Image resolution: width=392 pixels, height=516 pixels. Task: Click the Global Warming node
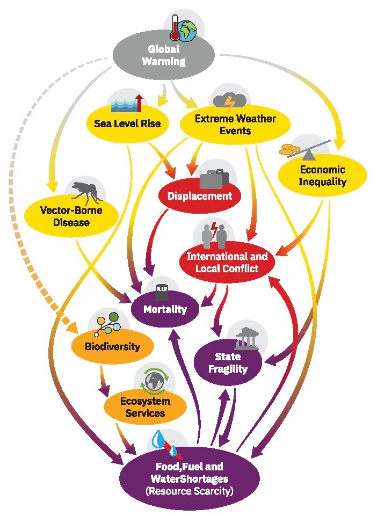click(164, 55)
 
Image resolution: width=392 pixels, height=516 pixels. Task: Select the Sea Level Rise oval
click(127, 124)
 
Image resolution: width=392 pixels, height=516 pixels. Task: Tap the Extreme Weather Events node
click(235, 125)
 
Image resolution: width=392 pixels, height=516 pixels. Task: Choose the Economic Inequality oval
click(322, 176)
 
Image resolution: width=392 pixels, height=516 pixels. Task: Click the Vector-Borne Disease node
click(71, 216)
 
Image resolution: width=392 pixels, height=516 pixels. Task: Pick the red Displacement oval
click(200, 196)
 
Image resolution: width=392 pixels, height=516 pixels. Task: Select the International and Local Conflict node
click(227, 262)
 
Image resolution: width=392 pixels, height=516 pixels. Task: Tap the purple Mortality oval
click(165, 309)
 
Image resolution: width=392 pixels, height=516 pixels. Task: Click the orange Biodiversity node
click(113, 346)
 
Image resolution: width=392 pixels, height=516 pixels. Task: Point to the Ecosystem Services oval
click(145, 407)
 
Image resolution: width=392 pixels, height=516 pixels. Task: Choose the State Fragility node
click(228, 362)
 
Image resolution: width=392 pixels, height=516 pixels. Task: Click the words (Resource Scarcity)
click(190, 491)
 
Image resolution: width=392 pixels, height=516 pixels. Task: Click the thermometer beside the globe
click(175, 27)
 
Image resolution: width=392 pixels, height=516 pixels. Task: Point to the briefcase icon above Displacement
click(214, 179)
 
